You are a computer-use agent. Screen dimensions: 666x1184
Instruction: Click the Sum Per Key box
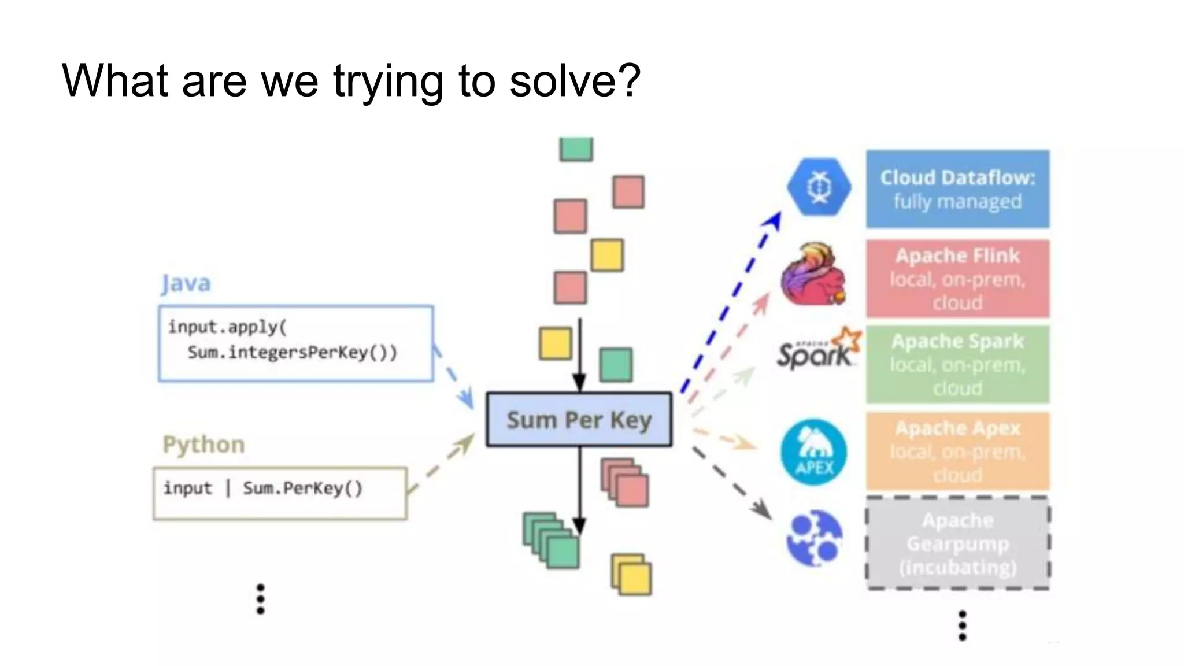(579, 420)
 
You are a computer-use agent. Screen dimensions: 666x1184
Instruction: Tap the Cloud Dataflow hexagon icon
(819, 187)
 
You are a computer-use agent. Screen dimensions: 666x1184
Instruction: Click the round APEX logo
(814, 452)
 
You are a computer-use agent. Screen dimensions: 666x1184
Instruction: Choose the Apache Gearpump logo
(815, 538)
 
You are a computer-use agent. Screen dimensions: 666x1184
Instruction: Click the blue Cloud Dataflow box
(957, 189)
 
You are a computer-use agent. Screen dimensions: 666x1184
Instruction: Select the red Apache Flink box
(957, 279)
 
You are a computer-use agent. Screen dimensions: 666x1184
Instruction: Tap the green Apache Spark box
(957, 364)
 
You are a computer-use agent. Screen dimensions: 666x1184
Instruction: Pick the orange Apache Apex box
(957, 451)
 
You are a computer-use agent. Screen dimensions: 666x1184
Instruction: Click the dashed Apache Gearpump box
(957, 543)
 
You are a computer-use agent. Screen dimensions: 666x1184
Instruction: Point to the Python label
(203, 445)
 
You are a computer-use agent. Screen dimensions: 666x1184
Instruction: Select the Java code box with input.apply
(295, 343)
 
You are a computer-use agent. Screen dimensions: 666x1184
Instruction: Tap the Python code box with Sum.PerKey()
(280, 493)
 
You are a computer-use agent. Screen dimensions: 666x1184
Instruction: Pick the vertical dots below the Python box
(261, 599)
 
